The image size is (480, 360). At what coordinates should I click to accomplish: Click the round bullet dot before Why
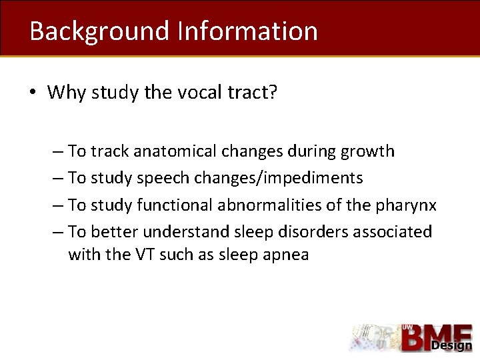33,93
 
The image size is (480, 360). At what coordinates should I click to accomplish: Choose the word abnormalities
265,205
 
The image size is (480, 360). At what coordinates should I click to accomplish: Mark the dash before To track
57,152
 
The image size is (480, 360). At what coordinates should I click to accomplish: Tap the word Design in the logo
451,345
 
